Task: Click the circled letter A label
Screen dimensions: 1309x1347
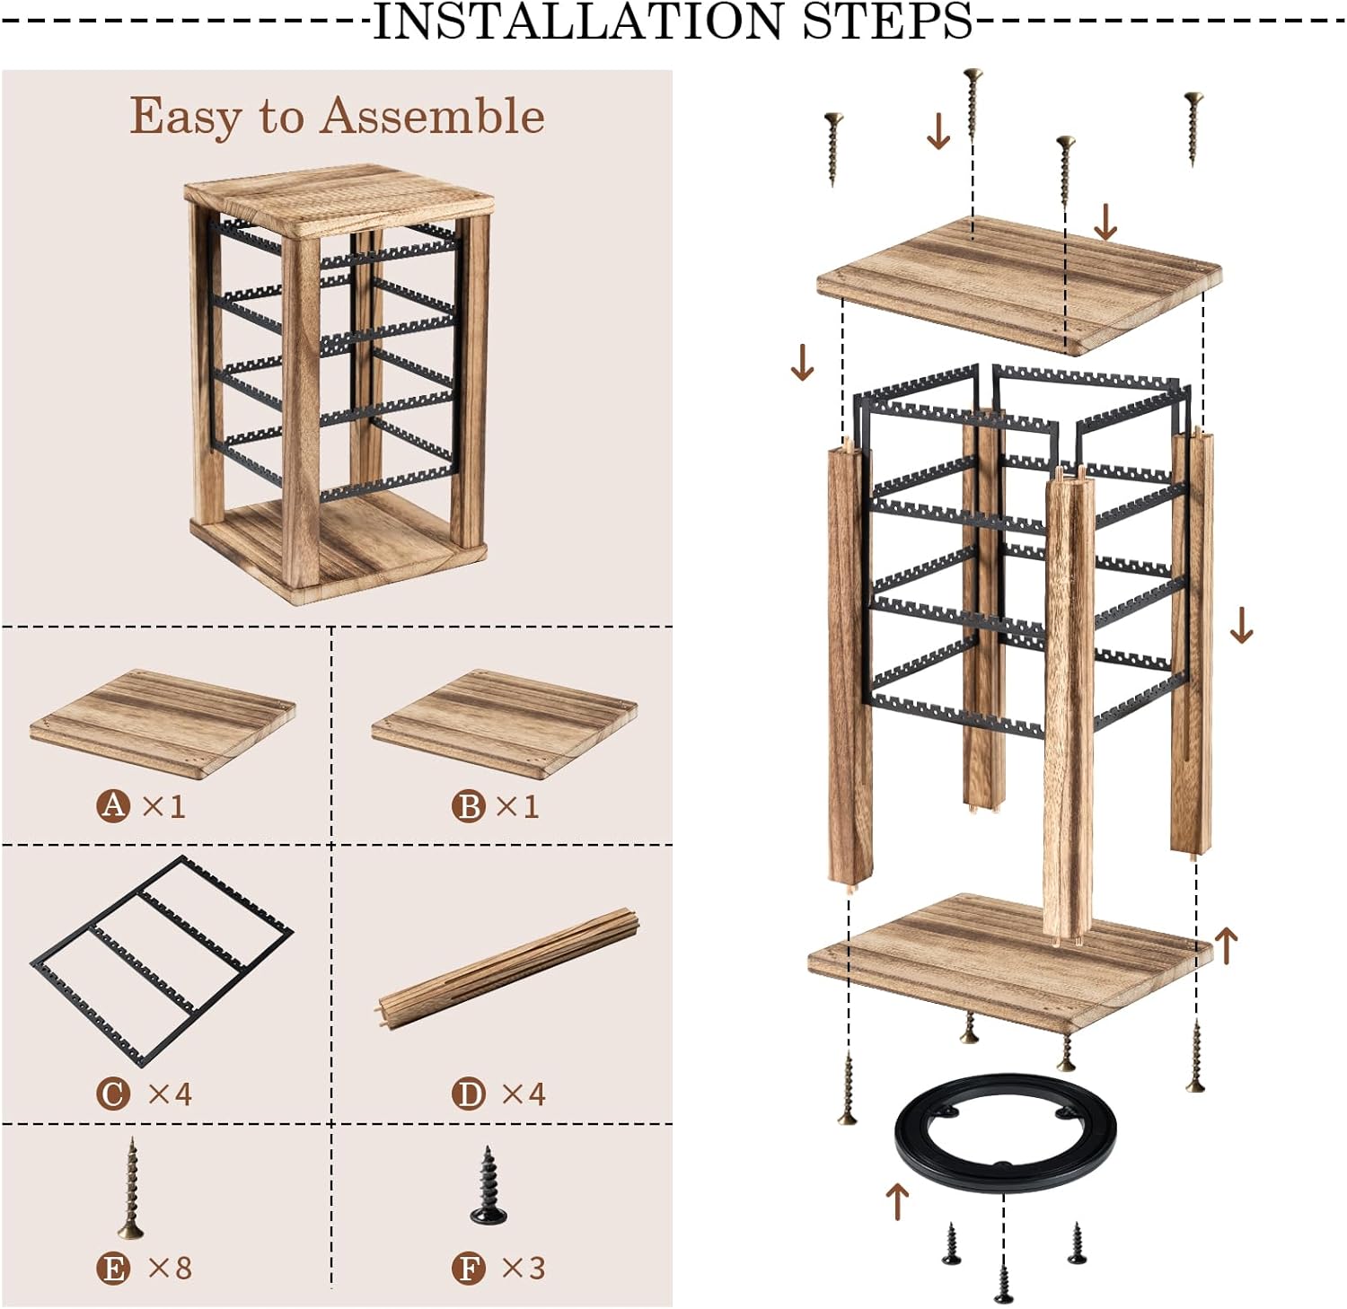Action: pyautogui.click(x=113, y=804)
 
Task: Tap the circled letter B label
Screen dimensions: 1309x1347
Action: pyautogui.click(x=468, y=805)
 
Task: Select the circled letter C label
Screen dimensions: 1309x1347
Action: pyautogui.click(x=113, y=1093)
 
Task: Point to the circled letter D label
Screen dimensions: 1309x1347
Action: pyautogui.click(x=468, y=1093)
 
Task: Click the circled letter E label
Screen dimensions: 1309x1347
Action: pyautogui.click(x=113, y=1268)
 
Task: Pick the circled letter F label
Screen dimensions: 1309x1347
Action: pyautogui.click(x=468, y=1268)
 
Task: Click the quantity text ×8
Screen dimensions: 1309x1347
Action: pyautogui.click(x=170, y=1268)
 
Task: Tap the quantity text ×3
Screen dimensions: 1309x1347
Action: pyautogui.click(x=524, y=1268)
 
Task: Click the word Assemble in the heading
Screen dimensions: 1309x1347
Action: pyautogui.click(x=432, y=117)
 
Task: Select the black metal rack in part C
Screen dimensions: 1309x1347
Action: pyautogui.click(x=165, y=960)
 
